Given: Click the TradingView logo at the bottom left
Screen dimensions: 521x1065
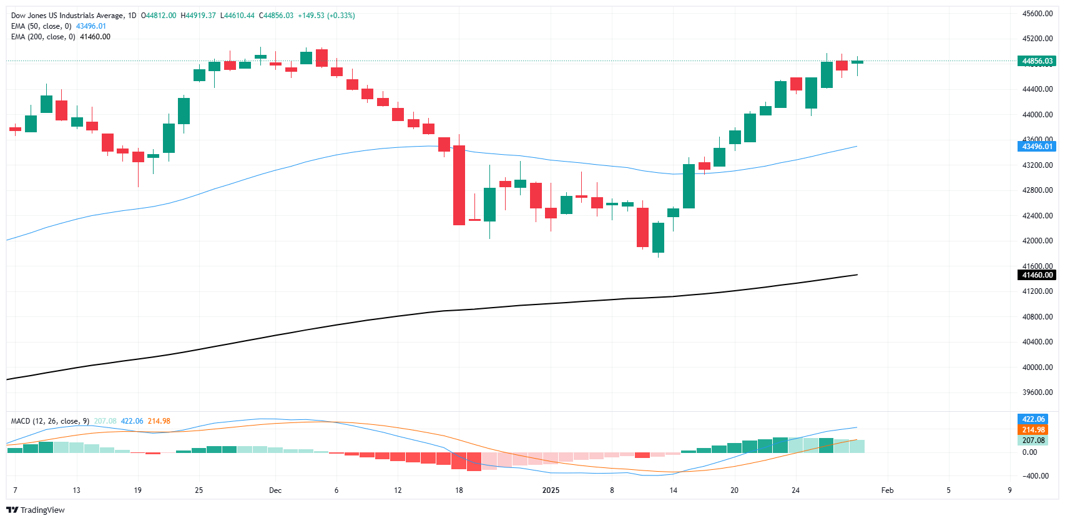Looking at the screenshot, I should pyautogui.click(x=36, y=510).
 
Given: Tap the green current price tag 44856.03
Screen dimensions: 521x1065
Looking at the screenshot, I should pyautogui.click(x=1037, y=61).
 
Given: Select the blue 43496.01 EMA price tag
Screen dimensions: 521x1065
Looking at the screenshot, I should pyautogui.click(x=1037, y=147).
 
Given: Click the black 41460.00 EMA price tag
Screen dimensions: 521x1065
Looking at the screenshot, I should pyautogui.click(x=1037, y=275).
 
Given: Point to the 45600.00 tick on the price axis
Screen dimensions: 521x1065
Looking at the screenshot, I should pyautogui.click(x=1037, y=14).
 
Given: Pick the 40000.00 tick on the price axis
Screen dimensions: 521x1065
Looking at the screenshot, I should pyautogui.click(x=1037, y=368).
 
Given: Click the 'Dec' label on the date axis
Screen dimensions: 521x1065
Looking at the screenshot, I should pyautogui.click(x=275, y=490).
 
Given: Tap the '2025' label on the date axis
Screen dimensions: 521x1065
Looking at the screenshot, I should pyautogui.click(x=551, y=490).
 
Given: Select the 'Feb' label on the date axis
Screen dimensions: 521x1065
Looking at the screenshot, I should pyautogui.click(x=887, y=490).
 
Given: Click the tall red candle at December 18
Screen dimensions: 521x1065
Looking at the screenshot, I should pyautogui.click(x=459, y=185).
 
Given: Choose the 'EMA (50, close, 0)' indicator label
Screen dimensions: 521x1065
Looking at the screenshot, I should pyautogui.click(x=41, y=26).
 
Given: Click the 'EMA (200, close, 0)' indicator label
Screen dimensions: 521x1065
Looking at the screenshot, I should pyautogui.click(x=43, y=37).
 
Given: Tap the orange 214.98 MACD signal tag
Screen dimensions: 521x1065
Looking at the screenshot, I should pyautogui.click(x=1033, y=430).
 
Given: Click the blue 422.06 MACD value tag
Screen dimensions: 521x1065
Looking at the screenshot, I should pyautogui.click(x=1033, y=419).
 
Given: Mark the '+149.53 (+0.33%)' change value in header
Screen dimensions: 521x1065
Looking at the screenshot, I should pyautogui.click(x=325, y=16).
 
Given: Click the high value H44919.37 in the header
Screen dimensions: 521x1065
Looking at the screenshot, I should pyautogui.click(x=198, y=16).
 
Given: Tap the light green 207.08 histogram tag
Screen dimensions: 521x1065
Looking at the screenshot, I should pyautogui.click(x=1033, y=441).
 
